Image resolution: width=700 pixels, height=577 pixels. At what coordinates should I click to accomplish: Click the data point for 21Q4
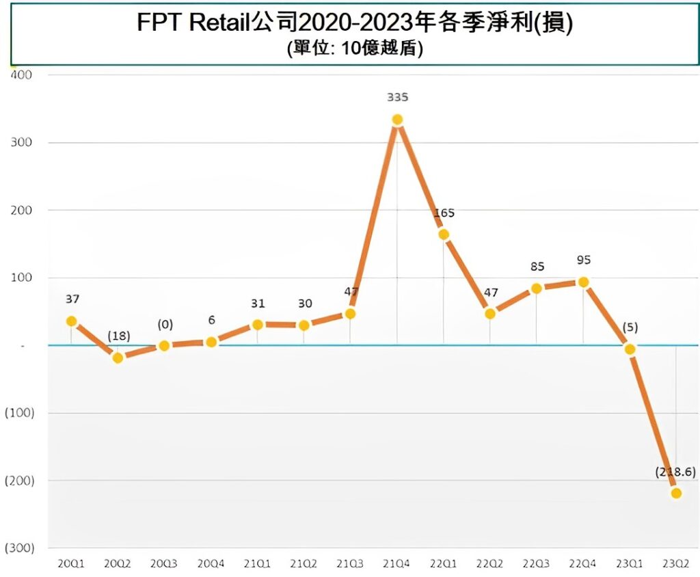tap(397, 120)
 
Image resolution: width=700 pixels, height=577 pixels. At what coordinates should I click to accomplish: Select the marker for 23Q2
tap(676, 493)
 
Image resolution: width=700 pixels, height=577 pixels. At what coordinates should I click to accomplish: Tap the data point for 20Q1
tap(71, 321)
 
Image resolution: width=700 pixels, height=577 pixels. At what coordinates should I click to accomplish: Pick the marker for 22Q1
tap(444, 234)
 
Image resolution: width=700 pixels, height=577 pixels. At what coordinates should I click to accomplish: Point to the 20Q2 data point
tap(118, 358)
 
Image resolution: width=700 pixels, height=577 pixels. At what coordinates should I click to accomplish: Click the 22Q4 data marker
tap(583, 282)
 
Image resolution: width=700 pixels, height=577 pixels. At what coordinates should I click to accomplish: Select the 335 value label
tap(397, 98)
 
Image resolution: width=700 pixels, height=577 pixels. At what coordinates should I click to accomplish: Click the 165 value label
tap(444, 213)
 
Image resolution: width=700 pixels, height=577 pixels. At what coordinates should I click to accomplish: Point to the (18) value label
tap(118, 336)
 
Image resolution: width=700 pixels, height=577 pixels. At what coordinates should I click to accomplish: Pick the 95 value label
tap(583, 260)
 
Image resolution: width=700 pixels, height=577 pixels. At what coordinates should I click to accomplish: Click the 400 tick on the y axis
tap(22, 75)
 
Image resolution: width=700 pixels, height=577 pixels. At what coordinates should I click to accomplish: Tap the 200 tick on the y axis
tap(22, 210)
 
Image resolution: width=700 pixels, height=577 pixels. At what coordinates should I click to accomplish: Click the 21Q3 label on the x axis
tap(350, 565)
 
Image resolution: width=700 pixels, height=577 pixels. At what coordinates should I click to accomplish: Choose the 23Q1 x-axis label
tap(630, 565)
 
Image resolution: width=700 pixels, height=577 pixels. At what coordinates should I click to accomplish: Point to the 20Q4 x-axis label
tap(211, 565)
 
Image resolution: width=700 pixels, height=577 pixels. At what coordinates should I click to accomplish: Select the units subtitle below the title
tap(352, 49)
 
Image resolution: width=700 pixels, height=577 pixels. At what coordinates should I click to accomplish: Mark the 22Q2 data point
tap(490, 314)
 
